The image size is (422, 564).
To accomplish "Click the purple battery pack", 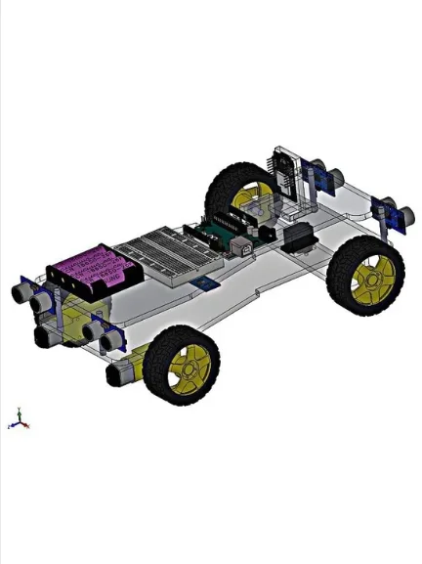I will (x=90, y=266).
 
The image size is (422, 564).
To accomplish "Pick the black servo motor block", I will (x=297, y=238).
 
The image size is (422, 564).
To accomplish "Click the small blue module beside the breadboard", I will (x=205, y=282).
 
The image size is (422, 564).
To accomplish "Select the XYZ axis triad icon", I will (x=19, y=421).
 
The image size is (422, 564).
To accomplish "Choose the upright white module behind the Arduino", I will (x=284, y=176).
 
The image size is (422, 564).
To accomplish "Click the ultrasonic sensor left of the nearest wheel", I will (x=101, y=333).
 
